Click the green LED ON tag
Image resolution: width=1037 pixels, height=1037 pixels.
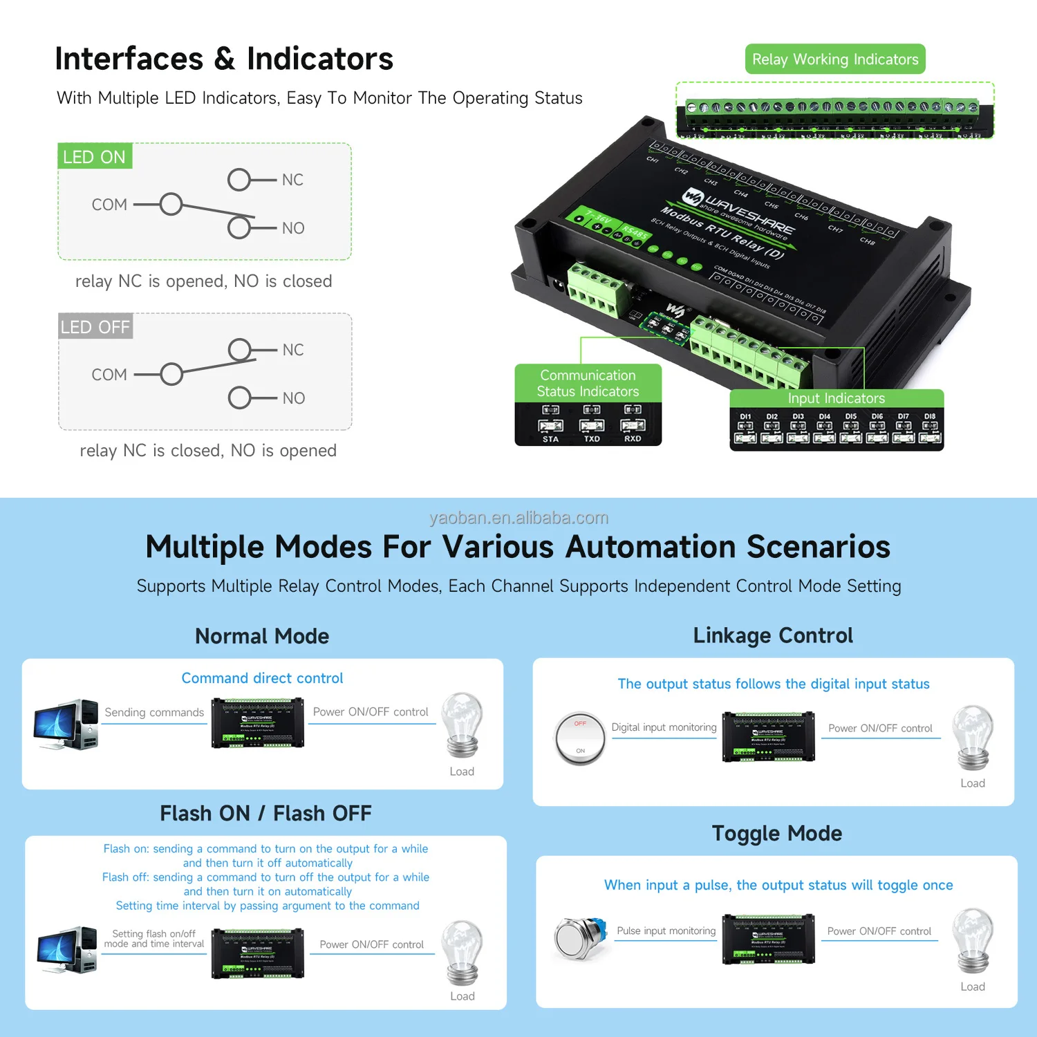tap(94, 157)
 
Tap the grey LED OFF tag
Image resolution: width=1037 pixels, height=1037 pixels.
tap(95, 327)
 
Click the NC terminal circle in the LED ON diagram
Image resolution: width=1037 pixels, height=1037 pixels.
tap(239, 180)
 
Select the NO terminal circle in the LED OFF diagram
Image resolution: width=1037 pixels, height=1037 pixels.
tap(240, 398)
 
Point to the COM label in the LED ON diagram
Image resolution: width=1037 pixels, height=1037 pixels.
tap(109, 205)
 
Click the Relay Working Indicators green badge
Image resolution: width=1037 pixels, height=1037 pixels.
tap(834, 59)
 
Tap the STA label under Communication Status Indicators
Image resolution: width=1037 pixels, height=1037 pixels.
tap(550, 439)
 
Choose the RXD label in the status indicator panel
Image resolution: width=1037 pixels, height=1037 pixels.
tap(633, 439)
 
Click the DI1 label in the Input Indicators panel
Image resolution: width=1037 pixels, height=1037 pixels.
tap(745, 417)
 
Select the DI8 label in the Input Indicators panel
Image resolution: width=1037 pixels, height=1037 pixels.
tap(930, 417)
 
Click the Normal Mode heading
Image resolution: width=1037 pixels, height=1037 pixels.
tap(262, 636)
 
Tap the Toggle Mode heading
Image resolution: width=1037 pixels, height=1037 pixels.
tap(776, 833)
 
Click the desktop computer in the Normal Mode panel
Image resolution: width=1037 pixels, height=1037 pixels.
tap(66, 725)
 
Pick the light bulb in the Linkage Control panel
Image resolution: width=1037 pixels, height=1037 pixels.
tap(973, 737)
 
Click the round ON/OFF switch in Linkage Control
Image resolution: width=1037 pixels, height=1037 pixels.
tap(580, 738)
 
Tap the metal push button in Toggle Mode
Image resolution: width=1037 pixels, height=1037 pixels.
tap(580, 938)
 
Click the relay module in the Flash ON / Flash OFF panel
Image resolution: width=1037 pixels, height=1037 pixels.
tap(257, 953)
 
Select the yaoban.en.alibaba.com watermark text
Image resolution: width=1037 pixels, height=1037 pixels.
tap(518, 518)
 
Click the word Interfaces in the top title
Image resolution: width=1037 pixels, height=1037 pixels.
tap(129, 59)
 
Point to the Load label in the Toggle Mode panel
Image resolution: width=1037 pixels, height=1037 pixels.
tap(972, 987)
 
